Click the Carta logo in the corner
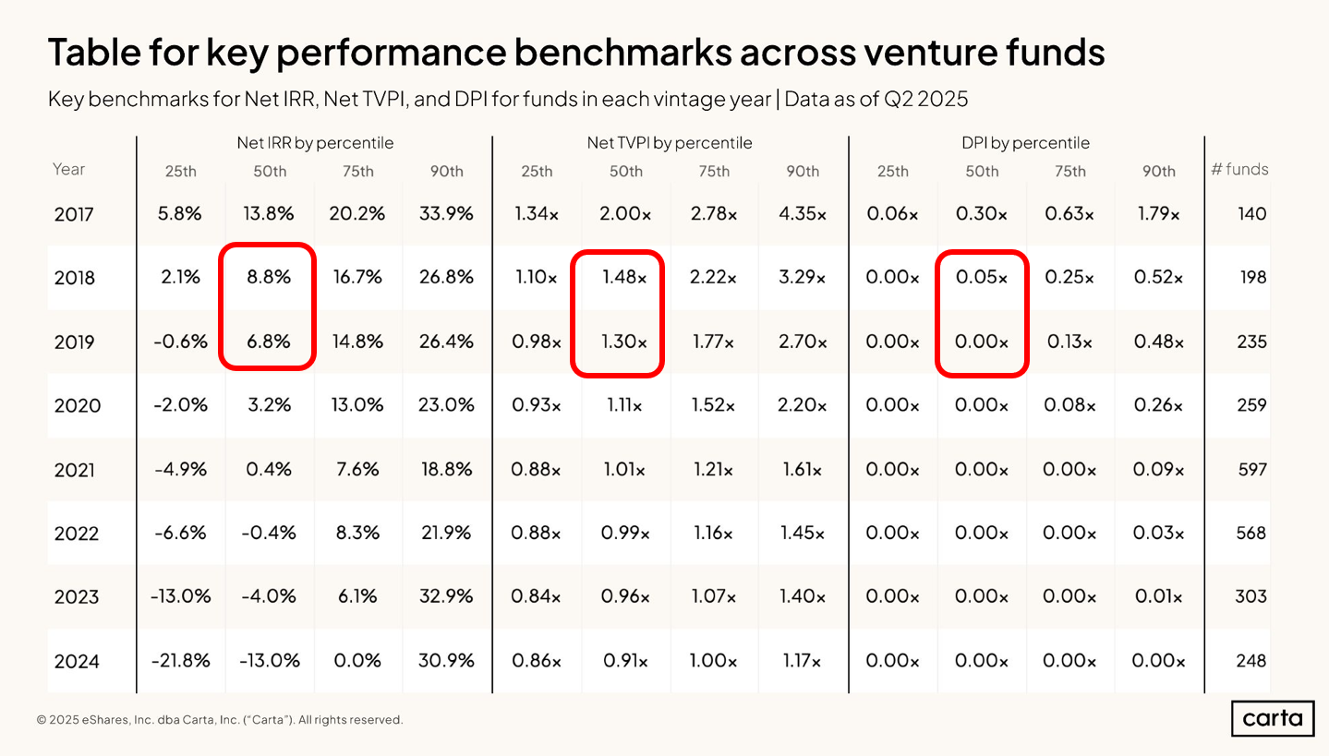[1272, 718]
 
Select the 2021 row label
[74, 470]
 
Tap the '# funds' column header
[1239, 170]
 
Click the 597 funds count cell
[1250, 470]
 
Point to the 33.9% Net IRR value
[447, 214]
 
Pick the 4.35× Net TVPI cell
[802, 214]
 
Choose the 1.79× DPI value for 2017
[1158, 214]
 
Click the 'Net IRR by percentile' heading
[315, 143]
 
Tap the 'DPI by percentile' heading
[1025, 143]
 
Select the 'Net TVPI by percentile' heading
[670, 143]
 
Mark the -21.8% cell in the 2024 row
[181, 661]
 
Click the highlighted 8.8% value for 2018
[269, 278]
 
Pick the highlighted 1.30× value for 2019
[625, 342]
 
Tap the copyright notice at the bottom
[220, 720]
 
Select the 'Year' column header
[68, 170]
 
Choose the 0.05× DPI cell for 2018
[982, 278]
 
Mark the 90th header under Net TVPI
[802, 171]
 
